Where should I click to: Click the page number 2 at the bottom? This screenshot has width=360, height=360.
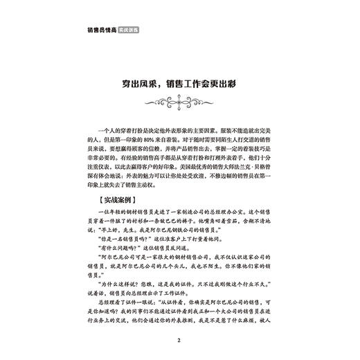click(x=179, y=341)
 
